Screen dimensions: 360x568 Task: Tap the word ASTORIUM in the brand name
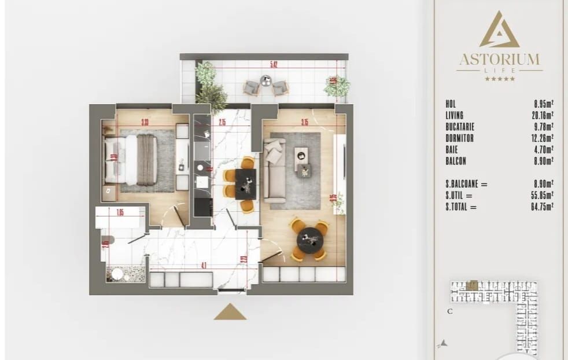coord(499,60)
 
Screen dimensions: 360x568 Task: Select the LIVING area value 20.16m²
coord(543,115)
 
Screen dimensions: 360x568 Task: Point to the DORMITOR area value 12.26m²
coord(543,138)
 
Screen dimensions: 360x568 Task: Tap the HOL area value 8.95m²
coord(544,104)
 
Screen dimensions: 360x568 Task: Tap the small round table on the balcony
coord(265,80)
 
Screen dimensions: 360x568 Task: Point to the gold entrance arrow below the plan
coord(230,312)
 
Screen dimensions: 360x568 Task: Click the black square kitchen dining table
coord(245,184)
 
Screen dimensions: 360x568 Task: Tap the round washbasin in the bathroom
coord(118,274)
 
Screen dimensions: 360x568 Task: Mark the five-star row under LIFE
coord(499,78)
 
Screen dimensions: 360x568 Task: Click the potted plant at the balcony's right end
coord(336,86)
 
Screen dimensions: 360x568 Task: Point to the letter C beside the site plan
coord(449,311)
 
